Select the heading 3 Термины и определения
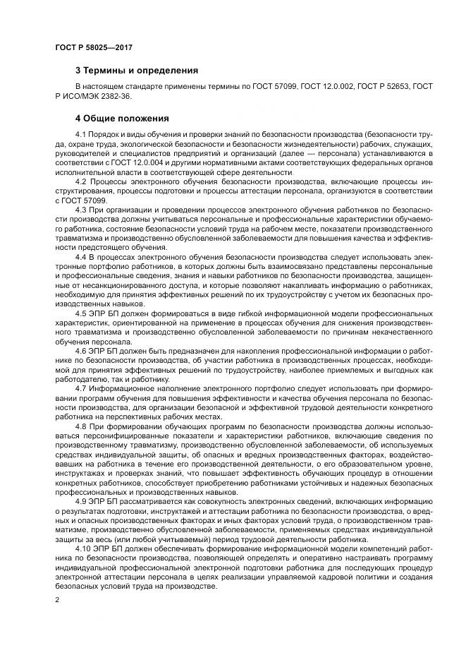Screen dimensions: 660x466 tap(137, 71)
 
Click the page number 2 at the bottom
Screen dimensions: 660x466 tap(56, 600)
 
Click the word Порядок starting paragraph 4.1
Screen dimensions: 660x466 tap(108, 134)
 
